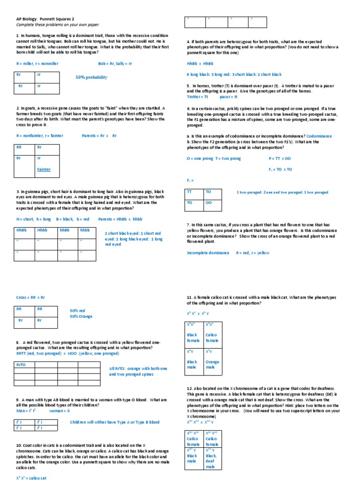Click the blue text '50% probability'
point(91,77)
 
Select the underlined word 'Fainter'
point(44,169)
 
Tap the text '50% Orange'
point(82,316)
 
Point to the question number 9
point(17,400)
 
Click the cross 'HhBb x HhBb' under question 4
point(200,63)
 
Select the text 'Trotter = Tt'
point(197,97)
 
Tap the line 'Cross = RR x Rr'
point(30,297)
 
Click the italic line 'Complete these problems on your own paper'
point(58,24)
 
